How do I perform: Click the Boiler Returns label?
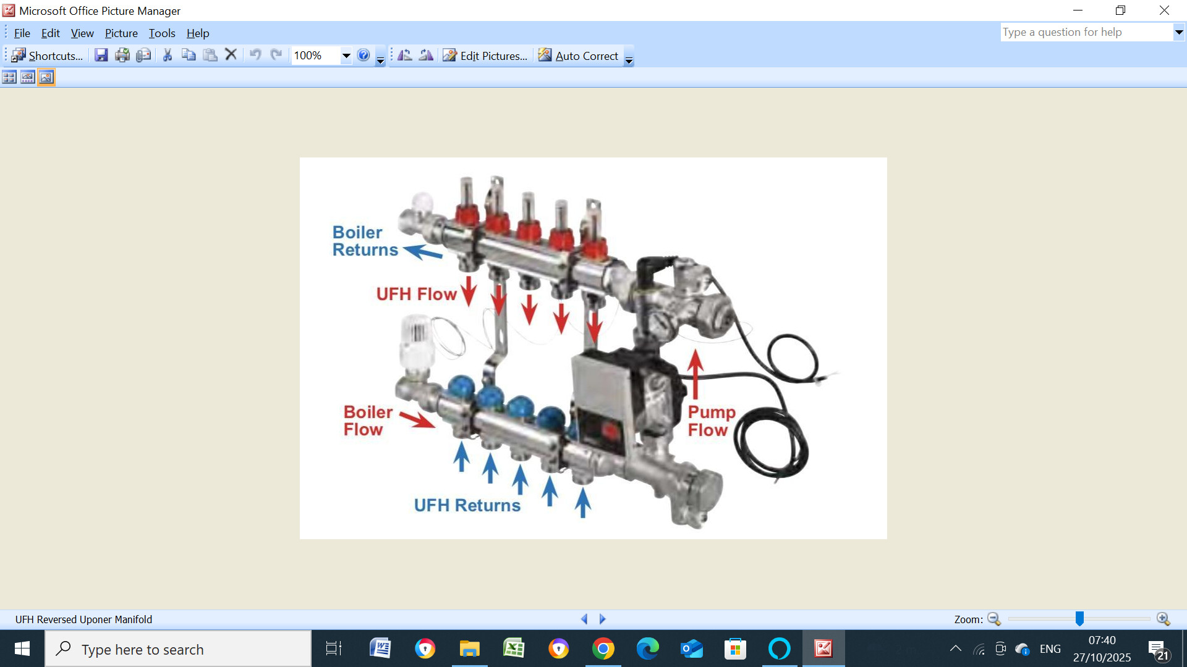click(x=365, y=241)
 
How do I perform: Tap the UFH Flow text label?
click(x=416, y=294)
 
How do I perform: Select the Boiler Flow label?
click(x=368, y=421)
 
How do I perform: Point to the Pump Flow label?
click(x=712, y=421)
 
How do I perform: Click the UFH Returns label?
click(x=467, y=505)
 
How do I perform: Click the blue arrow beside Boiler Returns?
click(x=423, y=251)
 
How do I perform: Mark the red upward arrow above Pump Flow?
click(x=696, y=374)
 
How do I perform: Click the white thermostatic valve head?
click(x=416, y=343)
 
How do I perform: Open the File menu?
click(x=22, y=33)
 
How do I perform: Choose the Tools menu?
click(x=162, y=33)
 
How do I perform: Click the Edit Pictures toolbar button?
click(x=485, y=56)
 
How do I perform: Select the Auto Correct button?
click(x=579, y=56)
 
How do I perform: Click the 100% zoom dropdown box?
click(x=321, y=56)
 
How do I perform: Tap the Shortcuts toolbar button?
click(x=47, y=56)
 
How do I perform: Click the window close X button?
click(x=1164, y=10)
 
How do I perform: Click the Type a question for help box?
click(x=1087, y=32)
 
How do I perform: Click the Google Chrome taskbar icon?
click(x=603, y=649)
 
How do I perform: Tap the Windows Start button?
click(x=22, y=649)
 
